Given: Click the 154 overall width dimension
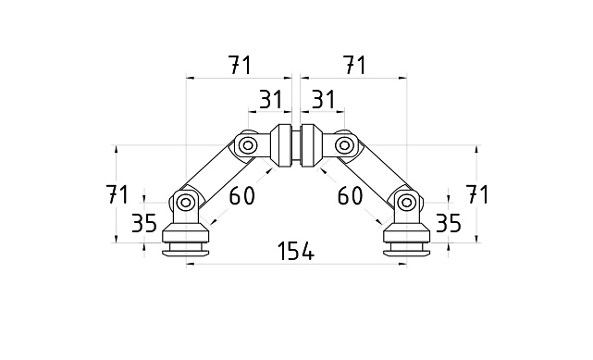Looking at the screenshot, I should (295, 251).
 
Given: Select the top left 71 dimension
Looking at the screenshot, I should (239, 65).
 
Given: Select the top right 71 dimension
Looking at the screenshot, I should (353, 65).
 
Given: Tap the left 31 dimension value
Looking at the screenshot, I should (269, 99).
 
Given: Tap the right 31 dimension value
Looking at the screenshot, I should (323, 99).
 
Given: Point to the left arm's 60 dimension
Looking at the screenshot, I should (241, 195).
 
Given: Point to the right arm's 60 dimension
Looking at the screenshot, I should (350, 195).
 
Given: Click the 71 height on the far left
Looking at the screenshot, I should (117, 194).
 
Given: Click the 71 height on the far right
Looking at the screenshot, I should (476, 194).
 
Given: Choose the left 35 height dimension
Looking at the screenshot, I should (143, 223).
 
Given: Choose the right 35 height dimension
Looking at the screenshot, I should (448, 223).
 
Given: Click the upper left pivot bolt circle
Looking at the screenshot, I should (247, 145).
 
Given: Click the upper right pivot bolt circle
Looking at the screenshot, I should (344, 145).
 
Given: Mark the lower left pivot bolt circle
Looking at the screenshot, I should (186, 201).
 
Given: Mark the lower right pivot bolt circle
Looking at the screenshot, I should (405, 201).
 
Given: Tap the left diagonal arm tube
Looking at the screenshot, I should (216, 173).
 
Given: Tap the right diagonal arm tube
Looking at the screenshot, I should (375, 173).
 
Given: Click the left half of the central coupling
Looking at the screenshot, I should (282, 145).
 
